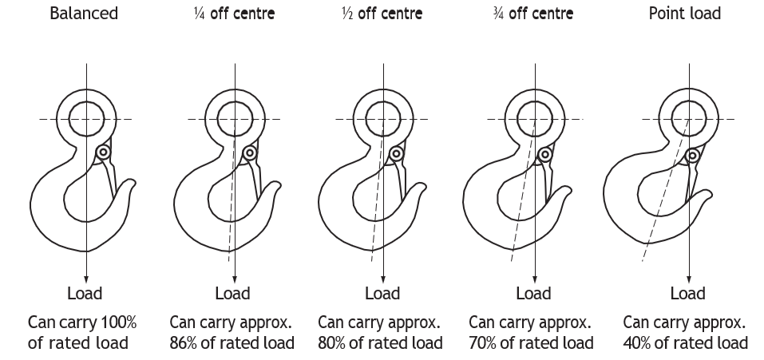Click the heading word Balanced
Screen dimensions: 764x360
coord(84,13)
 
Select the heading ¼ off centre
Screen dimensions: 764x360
coord(234,13)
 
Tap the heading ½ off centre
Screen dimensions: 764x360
coord(382,13)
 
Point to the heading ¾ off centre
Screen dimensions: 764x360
coord(533,13)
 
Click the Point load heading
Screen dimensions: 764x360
coord(685,13)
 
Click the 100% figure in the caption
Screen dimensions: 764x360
coord(118,322)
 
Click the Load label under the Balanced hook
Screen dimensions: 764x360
coord(85,293)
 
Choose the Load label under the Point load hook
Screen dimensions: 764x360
coord(687,293)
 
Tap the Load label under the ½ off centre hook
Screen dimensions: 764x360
coord(382,293)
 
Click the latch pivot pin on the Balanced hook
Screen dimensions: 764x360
coord(103,152)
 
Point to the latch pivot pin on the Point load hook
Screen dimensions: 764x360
coord(692,156)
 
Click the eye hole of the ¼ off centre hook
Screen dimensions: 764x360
coord(235,119)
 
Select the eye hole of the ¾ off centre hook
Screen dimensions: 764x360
coord(535,119)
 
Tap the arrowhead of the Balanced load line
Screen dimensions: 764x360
coord(86,279)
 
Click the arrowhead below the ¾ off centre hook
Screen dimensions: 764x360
coord(535,279)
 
